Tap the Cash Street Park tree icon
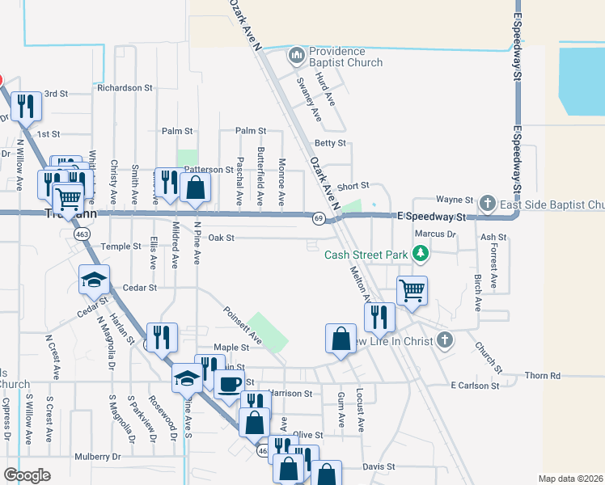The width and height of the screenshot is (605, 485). click(x=420, y=255)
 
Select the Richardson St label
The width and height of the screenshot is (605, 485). click(x=125, y=87)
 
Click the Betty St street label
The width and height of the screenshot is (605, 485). click(x=330, y=143)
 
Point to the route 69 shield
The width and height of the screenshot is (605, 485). click(x=319, y=218)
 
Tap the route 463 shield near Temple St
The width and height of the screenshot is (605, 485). click(x=82, y=234)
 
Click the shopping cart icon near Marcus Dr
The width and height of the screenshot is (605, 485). click(x=412, y=289)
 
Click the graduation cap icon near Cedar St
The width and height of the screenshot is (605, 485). click(x=94, y=280)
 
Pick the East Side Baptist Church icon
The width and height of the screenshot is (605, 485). click(x=487, y=202)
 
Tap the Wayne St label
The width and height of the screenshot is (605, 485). click(x=454, y=199)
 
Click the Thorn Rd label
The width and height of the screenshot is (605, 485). click(x=542, y=376)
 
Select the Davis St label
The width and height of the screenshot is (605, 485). click(x=379, y=466)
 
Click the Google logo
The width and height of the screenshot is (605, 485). click(x=27, y=475)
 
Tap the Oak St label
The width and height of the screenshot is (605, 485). click(x=221, y=238)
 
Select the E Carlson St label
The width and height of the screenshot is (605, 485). click(x=475, y=386)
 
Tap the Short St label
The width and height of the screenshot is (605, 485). click(x=353, y=186)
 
